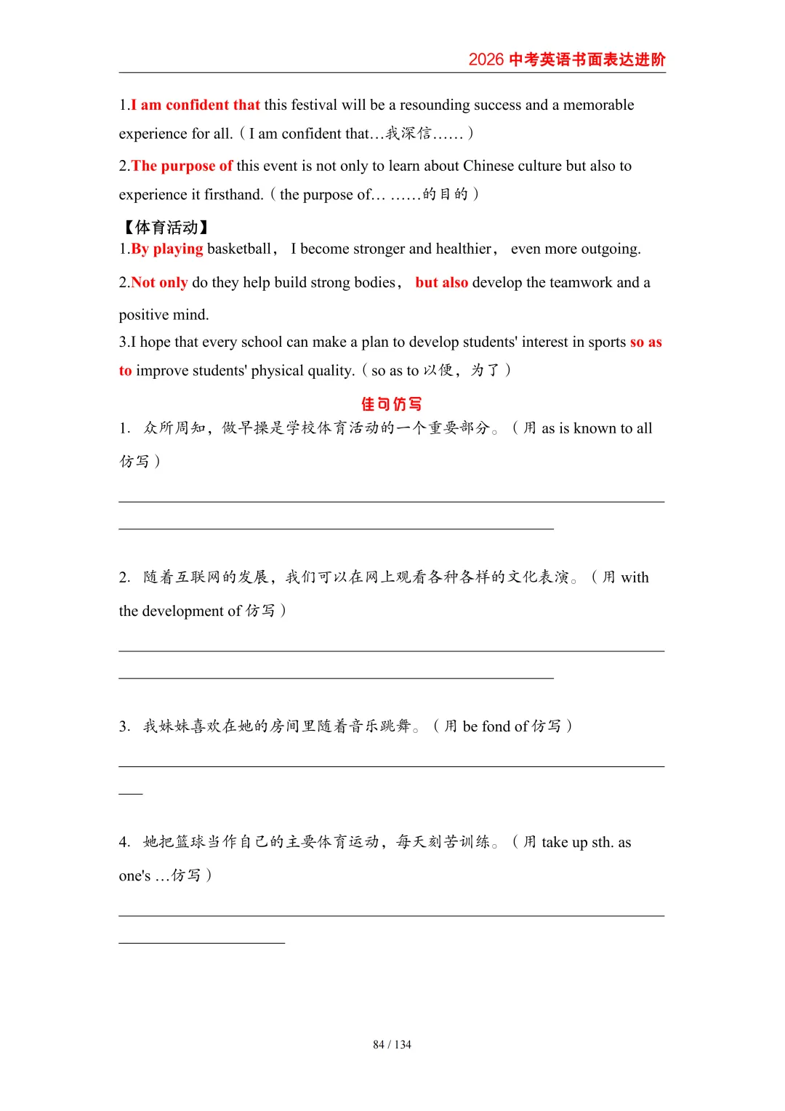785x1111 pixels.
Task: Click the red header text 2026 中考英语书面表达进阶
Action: (567, 60)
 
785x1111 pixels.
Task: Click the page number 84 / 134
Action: (392, 1045)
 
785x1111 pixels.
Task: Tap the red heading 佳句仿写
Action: (392, 404)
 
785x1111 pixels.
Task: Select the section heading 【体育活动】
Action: (166, 228)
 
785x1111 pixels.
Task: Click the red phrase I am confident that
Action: (196, 105)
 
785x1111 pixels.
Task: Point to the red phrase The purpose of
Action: (182, 166)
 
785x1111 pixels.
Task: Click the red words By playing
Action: (167, 249)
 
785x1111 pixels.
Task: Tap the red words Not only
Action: (159, 282)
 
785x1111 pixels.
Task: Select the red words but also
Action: (442, 282)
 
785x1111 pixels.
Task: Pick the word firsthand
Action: (233, 194)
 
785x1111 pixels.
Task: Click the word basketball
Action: (239, 249)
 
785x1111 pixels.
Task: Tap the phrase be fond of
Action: (495, 726)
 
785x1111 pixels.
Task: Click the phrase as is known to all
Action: (597, 428)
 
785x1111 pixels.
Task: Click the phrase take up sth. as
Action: (586, 842)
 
